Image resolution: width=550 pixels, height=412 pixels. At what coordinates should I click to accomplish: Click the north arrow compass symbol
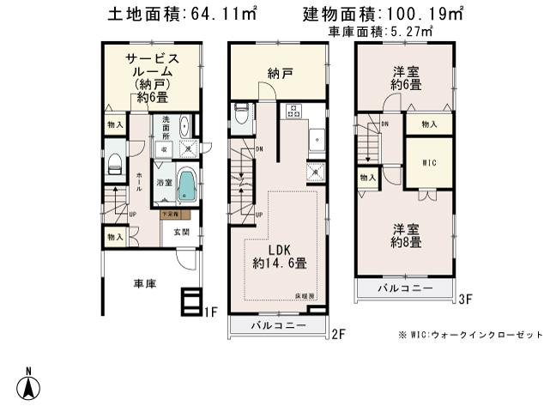point(29,384)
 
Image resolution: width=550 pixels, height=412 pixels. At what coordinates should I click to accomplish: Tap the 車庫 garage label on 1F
point(143,284)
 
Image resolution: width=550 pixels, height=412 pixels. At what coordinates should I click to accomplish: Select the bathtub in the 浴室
point(187,185)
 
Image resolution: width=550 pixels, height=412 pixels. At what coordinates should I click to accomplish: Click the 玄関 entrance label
point(182,232)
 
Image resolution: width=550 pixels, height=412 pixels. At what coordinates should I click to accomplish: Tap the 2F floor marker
point(338,334)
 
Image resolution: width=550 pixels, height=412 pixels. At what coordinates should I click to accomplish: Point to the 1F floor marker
point(210,312)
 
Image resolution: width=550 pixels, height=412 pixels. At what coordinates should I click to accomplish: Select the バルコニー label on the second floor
point(279,327)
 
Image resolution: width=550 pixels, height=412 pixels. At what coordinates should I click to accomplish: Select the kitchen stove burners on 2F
point(292,111)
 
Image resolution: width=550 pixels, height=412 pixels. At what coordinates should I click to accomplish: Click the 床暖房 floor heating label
point(306,295)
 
